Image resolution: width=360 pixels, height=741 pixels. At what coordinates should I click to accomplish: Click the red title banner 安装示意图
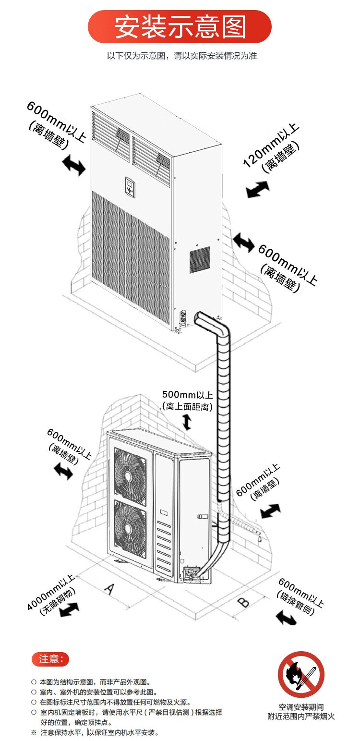tap(180, 26)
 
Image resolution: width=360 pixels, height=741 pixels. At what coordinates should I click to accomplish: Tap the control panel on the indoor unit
tap(131, 187)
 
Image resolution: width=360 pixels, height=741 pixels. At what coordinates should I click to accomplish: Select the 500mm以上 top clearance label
tap(187, 401)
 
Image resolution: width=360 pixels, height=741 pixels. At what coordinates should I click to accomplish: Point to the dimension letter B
tap(244, 602)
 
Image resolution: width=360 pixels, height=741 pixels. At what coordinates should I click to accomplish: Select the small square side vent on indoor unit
tap(200, 259)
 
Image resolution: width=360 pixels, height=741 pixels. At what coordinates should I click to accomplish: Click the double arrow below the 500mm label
tap(187, 422)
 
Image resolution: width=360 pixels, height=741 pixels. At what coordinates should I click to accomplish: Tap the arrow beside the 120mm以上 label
tap(258, 189)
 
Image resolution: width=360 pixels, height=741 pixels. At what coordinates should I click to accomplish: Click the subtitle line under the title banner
tap(182, 56)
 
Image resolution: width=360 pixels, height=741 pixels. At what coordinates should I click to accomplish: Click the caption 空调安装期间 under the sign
tap(301, 707)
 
